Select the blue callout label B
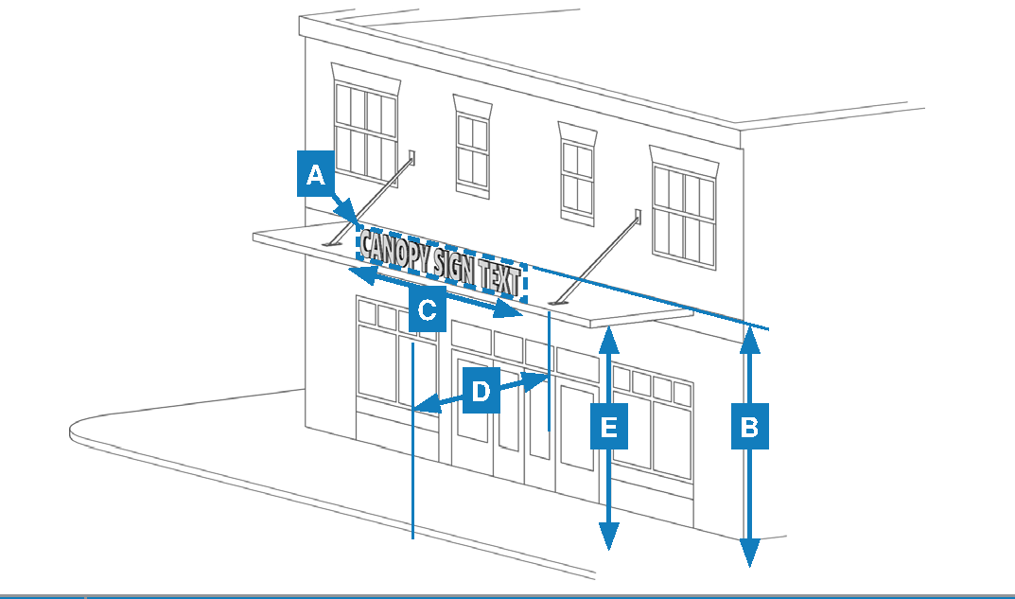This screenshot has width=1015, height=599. [x=749, y=427]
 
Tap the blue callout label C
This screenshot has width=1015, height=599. [x=427, y=309]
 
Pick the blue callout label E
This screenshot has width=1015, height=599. [x=609, y=427]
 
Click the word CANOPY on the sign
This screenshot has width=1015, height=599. [x=397, y=252]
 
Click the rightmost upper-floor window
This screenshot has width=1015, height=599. [x=683, y=215]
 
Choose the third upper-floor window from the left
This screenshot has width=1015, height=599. [x=576, y=179]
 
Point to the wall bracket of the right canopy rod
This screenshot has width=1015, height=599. [x=638, y=218]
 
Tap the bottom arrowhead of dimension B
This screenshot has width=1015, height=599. [x=749, y=555]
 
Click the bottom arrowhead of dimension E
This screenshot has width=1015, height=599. [x=609, y=538]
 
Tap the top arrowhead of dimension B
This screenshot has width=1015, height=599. [x=749, y=335]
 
